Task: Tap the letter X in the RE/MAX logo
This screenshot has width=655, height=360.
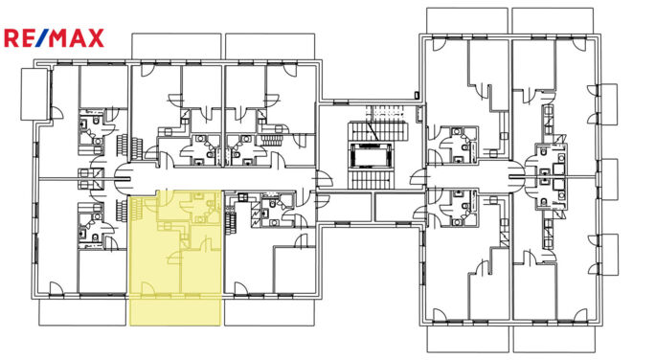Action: click(x=95, y=38)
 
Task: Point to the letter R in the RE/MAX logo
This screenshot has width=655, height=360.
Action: click(x=11, y=38)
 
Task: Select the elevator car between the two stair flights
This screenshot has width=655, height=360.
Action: click(x=371, y=156)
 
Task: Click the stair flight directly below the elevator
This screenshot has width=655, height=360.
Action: click(x=370, y=179)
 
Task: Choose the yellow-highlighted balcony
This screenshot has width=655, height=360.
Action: click(x=175, y=310)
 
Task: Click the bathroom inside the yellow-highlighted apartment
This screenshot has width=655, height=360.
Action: click(x=200, y=207)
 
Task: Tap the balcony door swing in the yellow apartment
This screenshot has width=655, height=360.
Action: click(x=147, y=288)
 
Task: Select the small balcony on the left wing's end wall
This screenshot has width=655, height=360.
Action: click(x=34, y=95)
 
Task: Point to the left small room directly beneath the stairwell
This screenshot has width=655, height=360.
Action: click(x=345, y=207)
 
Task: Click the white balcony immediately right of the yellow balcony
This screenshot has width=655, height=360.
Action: click(x=269, y=311)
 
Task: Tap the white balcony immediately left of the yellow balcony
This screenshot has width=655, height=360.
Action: click(x=82, y=311)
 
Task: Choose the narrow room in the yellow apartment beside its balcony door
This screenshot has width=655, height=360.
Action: click(x=201, y=272)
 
